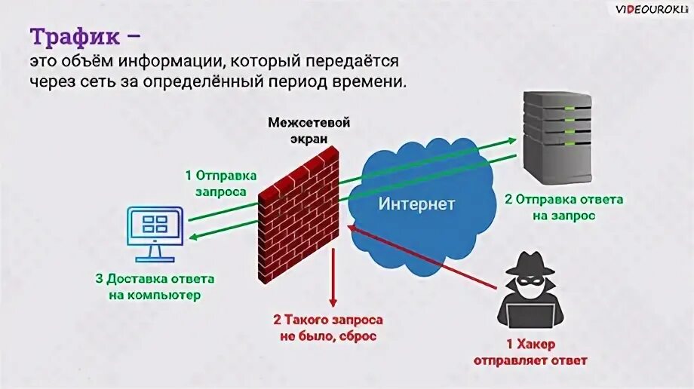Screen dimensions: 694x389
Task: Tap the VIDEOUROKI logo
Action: [649, 9]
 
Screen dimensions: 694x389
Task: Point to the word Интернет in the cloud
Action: [416, 204]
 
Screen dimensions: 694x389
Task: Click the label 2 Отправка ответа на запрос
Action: [563, 207]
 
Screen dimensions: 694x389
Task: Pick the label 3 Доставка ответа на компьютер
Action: [155, 286]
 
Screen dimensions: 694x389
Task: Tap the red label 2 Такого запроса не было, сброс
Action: [328, 328]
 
